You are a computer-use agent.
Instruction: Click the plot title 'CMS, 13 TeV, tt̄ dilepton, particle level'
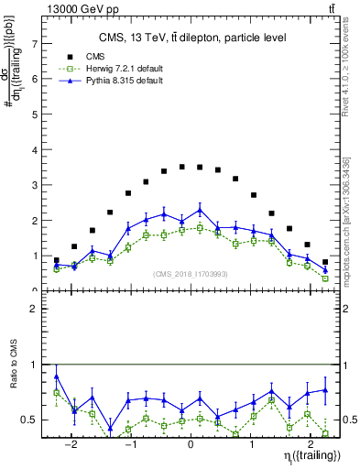click(x=191, y=38)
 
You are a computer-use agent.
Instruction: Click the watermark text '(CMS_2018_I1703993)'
click(x=190, y=274)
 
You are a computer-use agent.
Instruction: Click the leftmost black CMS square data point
click(x=57, y=260)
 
